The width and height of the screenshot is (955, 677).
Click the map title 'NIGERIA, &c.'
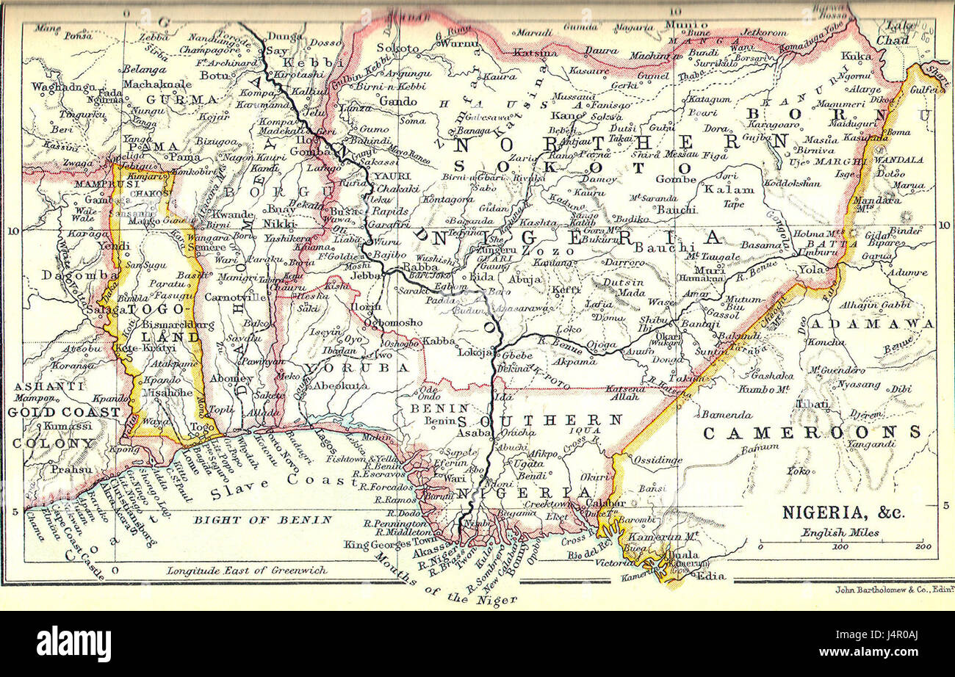[x=843, y=512]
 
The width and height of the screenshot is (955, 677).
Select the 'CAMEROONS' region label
[x=812, y=432]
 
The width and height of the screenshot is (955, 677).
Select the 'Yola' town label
[x=812, y=269]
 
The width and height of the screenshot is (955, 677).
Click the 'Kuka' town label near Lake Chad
[x=856, y=55]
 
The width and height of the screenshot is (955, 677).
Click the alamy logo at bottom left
[x=73, y=644]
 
